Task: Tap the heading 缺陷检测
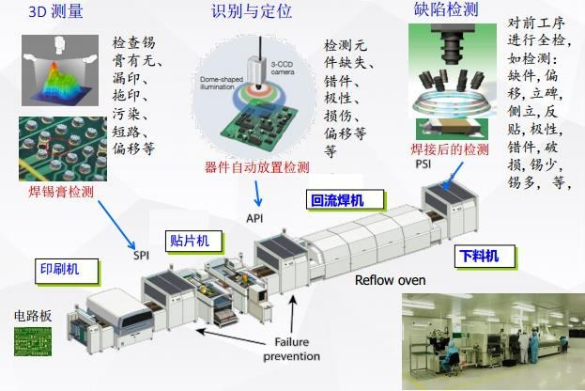(446, 10)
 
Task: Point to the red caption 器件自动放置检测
(256, 168)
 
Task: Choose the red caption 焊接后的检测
(450, 149)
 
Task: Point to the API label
(254, 217)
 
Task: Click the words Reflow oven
(390, 280)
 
